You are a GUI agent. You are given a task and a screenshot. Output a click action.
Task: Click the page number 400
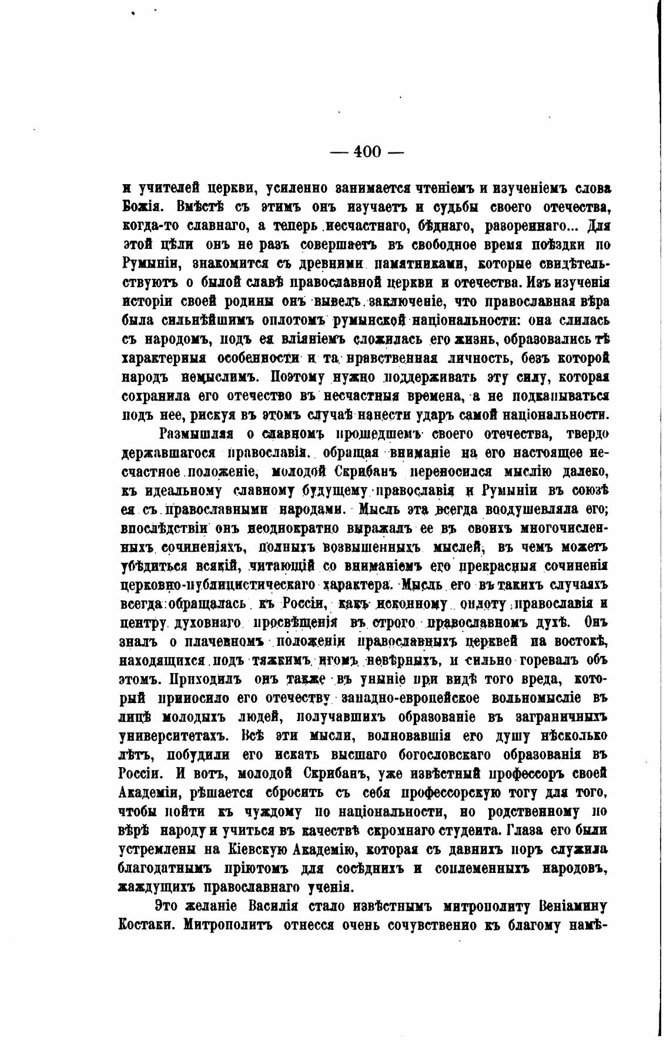tap(367, 152)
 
